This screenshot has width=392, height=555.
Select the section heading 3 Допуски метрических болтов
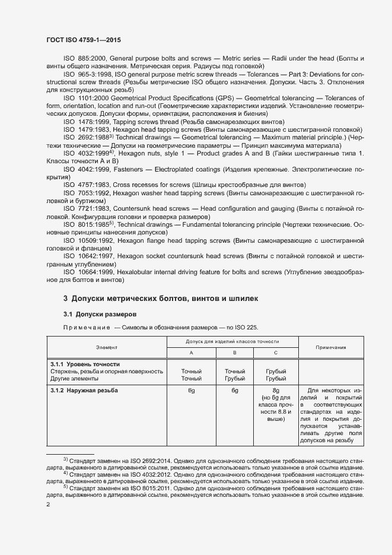point(160,298)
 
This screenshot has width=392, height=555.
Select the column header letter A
point(191,353)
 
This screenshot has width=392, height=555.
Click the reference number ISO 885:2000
point(87,58)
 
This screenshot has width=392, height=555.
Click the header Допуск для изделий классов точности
point(232,342)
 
